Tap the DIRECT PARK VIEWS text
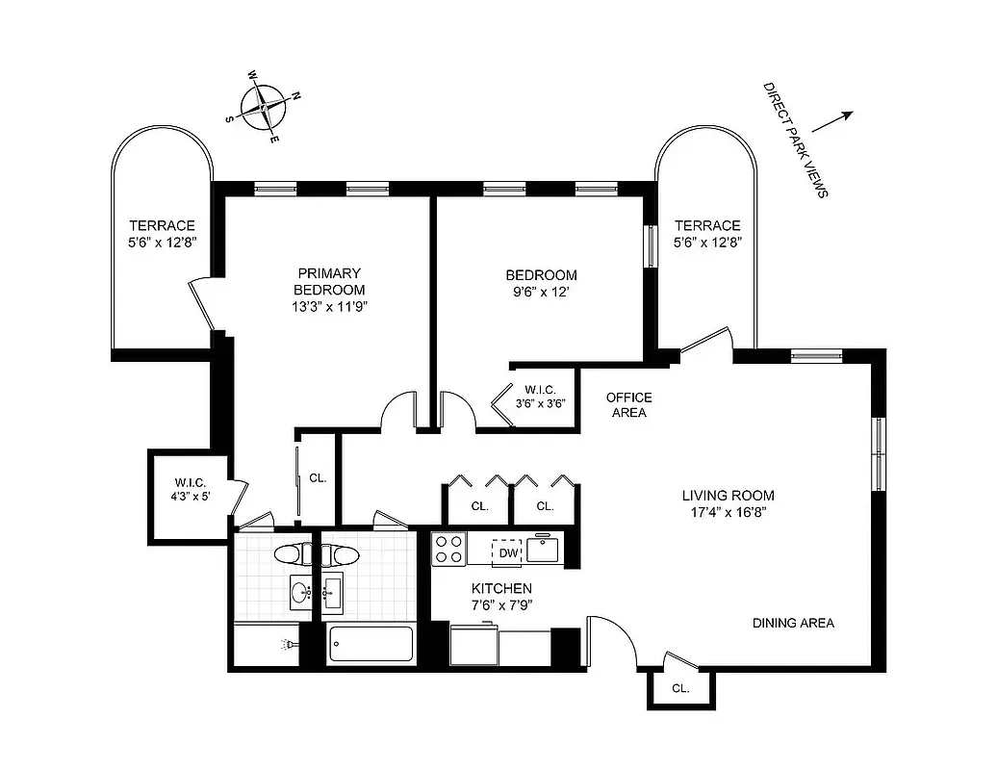795,141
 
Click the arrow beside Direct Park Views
833,121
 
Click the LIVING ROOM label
728,496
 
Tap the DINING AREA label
793,623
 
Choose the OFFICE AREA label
629,405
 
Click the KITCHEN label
501,588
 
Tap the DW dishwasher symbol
507,553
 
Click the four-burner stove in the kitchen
448,549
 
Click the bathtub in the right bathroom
371,644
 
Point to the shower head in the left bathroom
287,644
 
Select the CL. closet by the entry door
680,688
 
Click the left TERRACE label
162,225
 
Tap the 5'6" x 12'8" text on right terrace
707,242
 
